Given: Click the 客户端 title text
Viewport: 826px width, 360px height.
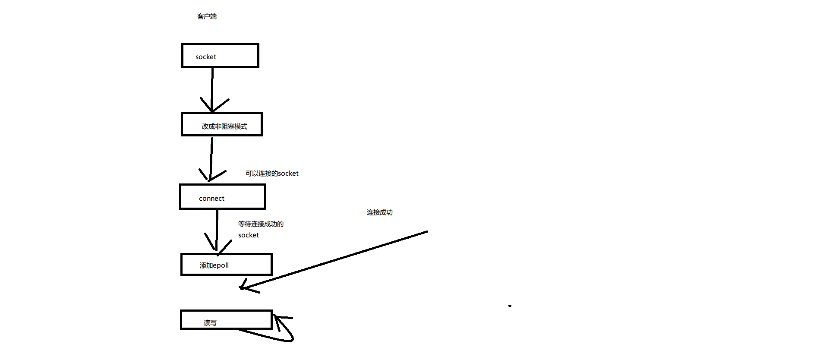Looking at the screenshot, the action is [x=207, y=16].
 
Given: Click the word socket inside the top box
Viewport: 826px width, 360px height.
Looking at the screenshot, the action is [x=205, y=57].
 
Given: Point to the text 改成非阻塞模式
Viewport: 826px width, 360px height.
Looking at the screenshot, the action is [x=224, y=126].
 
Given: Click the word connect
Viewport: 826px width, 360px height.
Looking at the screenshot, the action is [x=211, y=199].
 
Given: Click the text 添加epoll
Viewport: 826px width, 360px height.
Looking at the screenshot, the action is [x=214, y=265].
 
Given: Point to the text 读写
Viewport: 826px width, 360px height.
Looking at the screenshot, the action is [x=210, y=323].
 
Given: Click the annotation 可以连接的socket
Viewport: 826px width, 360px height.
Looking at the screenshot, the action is [x=272, y=174].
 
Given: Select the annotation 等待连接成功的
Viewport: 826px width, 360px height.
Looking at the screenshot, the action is [x=261, y=224].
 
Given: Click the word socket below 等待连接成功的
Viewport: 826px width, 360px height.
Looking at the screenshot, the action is [x=249, y=235].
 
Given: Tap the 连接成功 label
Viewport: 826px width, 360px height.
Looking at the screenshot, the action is [x=380, y=212].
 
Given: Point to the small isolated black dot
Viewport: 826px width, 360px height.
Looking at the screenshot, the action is [x=510, y=306].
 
